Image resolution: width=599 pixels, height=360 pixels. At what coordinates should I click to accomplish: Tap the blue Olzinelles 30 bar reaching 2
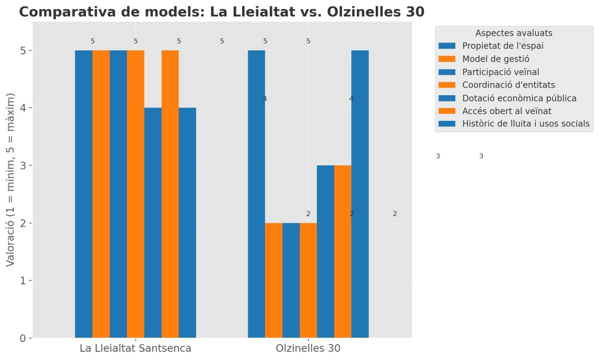(291, 280)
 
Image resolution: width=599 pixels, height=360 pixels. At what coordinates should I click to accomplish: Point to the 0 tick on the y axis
(23, 338)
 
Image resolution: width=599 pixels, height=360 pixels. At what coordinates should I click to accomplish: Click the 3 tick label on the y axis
(23, 165)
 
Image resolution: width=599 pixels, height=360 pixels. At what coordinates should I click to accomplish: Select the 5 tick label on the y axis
(23, 50)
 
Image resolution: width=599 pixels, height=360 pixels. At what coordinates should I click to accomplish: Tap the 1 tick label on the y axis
(23, 281)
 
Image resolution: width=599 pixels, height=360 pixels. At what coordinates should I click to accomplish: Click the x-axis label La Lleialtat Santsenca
(136, 349)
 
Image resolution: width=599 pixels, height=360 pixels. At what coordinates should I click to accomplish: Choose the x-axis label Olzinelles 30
(308, 349)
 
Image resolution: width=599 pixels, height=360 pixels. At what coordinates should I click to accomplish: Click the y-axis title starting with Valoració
(11, 180)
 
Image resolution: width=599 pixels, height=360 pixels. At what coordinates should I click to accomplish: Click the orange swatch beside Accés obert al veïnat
(447, 111)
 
